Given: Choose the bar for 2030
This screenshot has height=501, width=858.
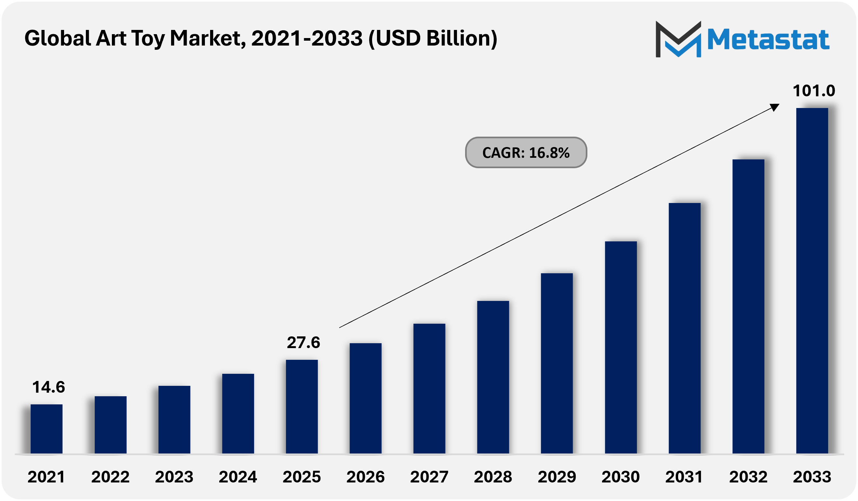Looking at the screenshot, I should [x=621, y=347].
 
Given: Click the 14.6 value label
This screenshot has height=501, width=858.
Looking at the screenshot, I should [x=48, y=387].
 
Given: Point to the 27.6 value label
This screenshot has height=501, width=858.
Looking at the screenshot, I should [x=303, y=343].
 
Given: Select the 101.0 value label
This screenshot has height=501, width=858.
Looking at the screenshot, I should [x=814, y=91].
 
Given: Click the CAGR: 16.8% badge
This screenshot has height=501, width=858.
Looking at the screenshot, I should [x=526, y=153].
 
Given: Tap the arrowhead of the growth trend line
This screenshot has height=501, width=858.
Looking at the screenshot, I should [x=775, y=107].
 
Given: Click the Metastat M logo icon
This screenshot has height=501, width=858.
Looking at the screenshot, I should [x=678, y=39].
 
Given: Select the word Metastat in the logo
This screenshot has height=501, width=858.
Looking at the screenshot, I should [x=768, y=39].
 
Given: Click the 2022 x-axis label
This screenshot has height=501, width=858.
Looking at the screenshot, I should [x=110, y=477].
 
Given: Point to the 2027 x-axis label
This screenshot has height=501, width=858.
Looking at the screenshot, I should [x=429, y=477].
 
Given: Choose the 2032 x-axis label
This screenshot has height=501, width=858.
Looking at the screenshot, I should [x=748, y=477].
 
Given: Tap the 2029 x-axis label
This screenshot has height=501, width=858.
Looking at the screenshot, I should [x=557, y=477].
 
